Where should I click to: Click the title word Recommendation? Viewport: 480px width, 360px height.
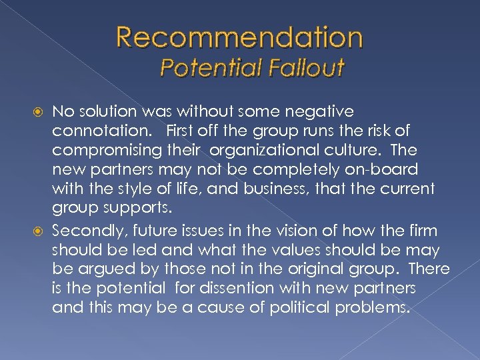(239, 38)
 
